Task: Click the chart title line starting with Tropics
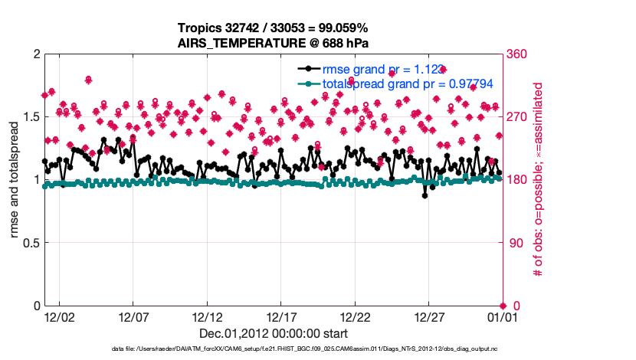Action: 274,28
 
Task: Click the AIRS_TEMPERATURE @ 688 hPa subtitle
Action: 274,43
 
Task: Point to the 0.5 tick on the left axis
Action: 31,243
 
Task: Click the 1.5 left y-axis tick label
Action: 31,116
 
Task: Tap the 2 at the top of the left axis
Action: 36,54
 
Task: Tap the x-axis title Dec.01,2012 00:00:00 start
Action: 274,333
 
